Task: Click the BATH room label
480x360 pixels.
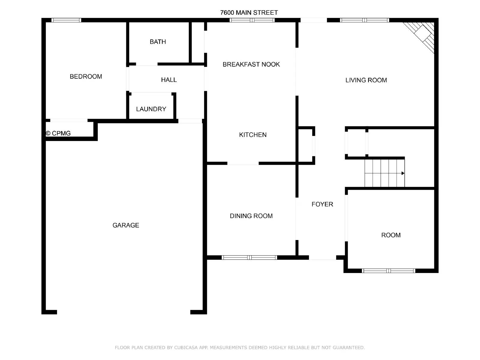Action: (x=158, y=42)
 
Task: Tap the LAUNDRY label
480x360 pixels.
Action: (x=151, y=109)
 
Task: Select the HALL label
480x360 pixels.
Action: (x=169, y=80)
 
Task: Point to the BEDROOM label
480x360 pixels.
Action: (x=86, y=76)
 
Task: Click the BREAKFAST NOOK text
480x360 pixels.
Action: (x=251, y=64)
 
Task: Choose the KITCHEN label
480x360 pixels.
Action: (x=253, y=135)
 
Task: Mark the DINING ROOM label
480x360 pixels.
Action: (x=251, y=216)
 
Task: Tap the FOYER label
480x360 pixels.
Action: (x=322, y=204)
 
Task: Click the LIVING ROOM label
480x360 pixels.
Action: (x=366, y=80)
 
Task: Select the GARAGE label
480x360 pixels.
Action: (x=126, y=225)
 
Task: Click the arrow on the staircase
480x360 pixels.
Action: (x=403, y=173)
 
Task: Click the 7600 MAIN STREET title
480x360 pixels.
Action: (x=249, y=13)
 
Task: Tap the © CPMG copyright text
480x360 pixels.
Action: (x=58, y=133)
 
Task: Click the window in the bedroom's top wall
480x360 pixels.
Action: (x=66, y=20)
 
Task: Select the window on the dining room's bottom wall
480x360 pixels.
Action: (x=249, y=257)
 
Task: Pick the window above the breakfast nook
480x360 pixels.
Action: (x=252, y=20)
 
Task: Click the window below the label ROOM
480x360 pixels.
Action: (x=388, y=271)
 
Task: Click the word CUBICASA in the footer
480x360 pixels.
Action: (x=186, y=347)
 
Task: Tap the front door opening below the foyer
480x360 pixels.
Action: (x=322, y=258)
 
